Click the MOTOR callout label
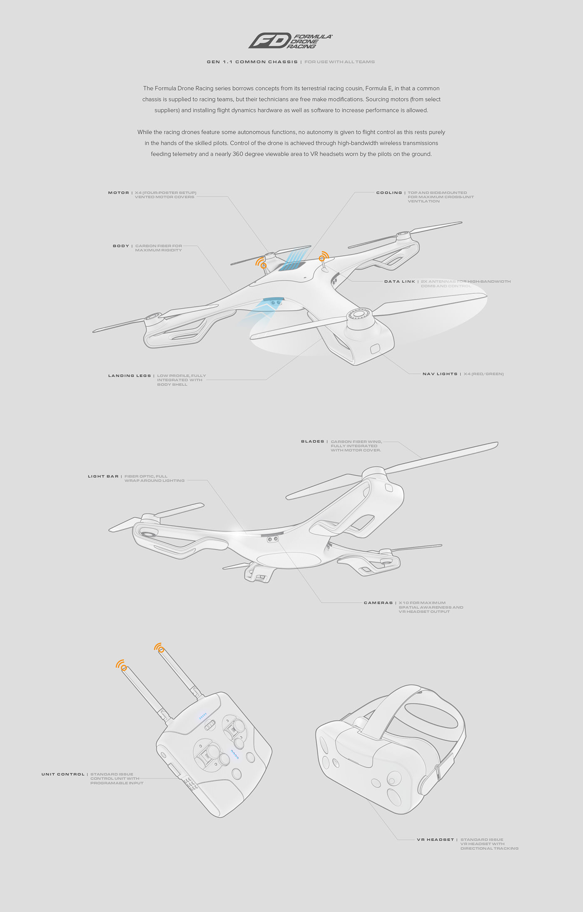click(x=118, y=193)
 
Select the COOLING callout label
click(x=389, y=193)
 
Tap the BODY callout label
click(x=121, y=246)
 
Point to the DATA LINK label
click(x=399, y=281)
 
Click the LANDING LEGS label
click(x=130, y=376)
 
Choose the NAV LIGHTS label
click(x=440, y=374)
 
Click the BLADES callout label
click(x=312, y=441)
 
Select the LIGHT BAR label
click(x=102, y=476)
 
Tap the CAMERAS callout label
click(x=378, y=603)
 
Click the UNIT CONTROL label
click(x=63, y=774)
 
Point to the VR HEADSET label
click(x=435, y=839)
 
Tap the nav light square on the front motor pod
click(x=375, y=348)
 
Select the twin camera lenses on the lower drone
click(x=273, y=539)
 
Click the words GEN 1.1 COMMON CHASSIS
click(x=252, y=62)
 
